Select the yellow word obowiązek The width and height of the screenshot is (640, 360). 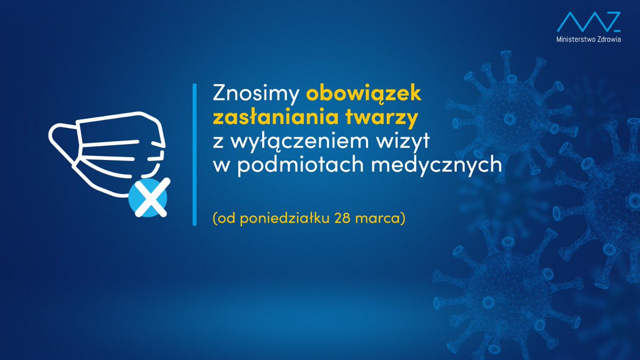364,94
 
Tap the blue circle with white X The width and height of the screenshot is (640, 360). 148,198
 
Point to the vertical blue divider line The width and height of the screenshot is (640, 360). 195,155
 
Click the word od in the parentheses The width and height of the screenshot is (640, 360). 225,219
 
